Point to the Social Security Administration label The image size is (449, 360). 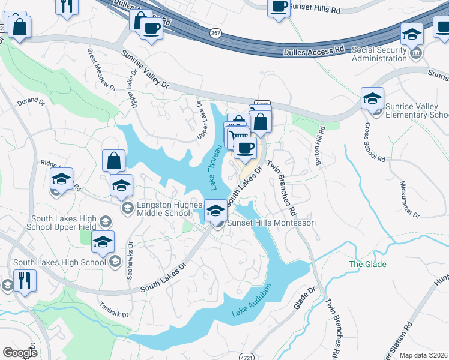[x=388, y=54]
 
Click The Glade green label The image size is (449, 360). [x=368, y=264]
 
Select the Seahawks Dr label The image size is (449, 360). [x=130, y=262]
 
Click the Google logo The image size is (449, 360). [x=20, y=353]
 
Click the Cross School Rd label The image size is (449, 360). [x=374, y=143]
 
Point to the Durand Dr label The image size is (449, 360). [x=31, y=103]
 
